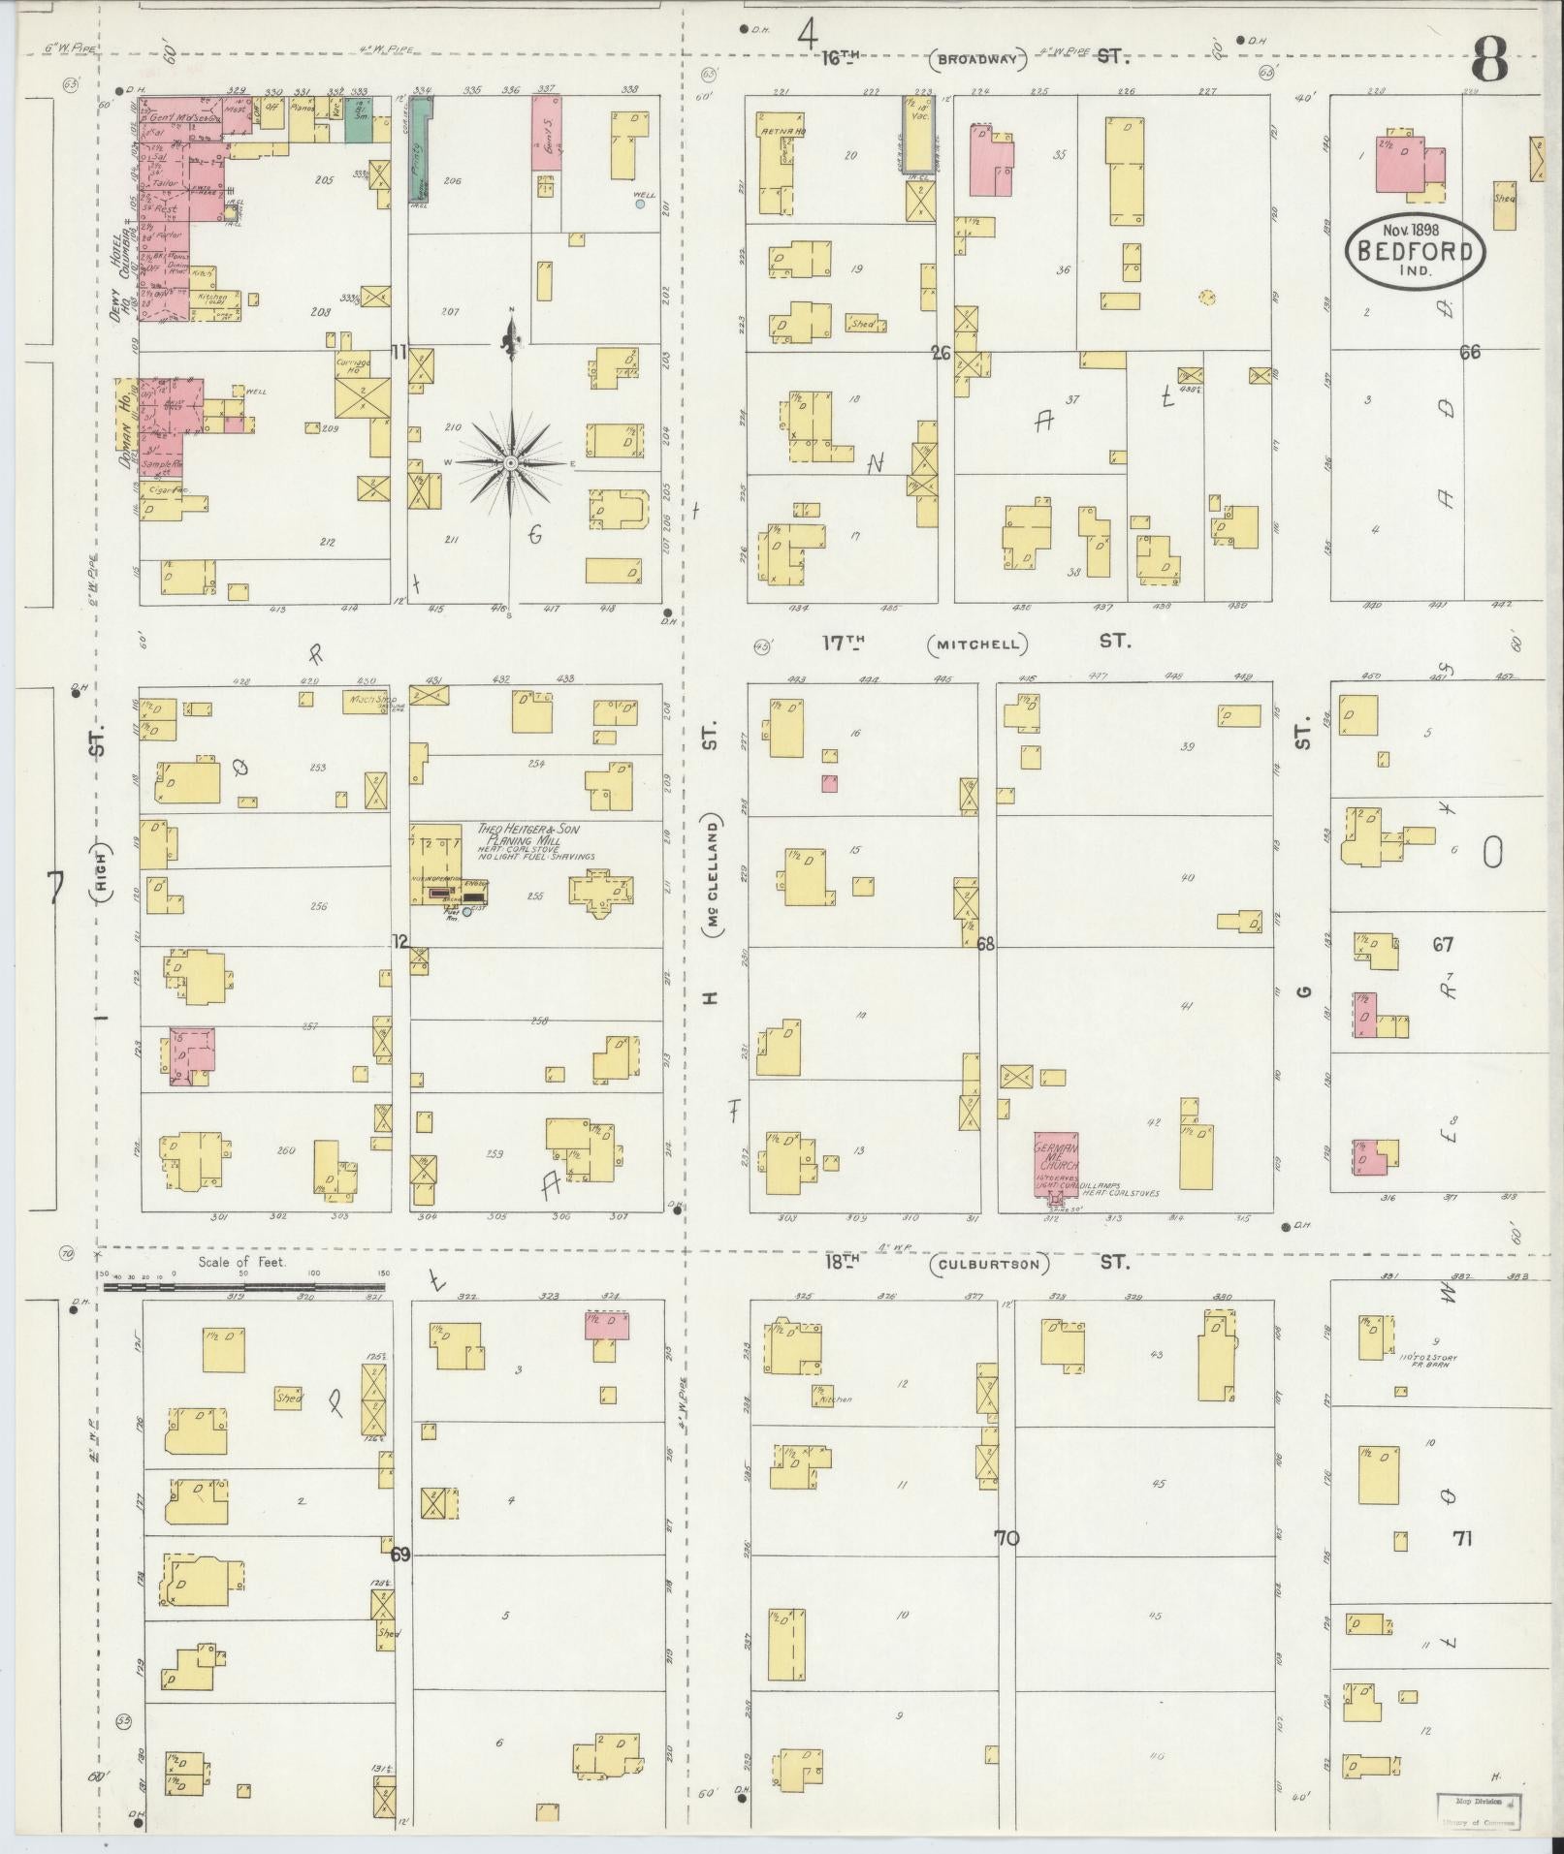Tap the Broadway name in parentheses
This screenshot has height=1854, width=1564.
pyautogui.click(x=977, y=60)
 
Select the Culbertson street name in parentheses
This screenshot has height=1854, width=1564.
pyautogui.click(x=989, y=1264)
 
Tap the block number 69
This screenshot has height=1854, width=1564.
pyautogui.click(x=400, y=1555)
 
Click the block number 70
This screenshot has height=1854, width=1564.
pyautogui.click(x=1006, y=1537)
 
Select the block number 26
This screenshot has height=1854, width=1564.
pyautogui.click(x=941, y=353)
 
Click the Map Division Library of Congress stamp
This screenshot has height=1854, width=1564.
pyautogui.click(x=1478, y=1809)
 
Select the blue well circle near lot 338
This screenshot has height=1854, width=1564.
pyautogui.click(x=640, y=204)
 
